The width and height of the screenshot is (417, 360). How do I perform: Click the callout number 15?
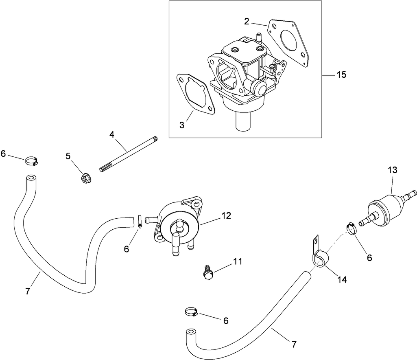click(341, 75)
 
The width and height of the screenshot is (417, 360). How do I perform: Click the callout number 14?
click(342, 280)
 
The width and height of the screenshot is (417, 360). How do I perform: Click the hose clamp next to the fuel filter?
click(351, 228)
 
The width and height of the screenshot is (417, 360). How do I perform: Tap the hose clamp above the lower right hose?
click(191, 312)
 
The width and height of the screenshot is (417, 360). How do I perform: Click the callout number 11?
click(238, 261)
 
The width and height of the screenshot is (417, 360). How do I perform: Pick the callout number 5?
click(68, 156)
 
